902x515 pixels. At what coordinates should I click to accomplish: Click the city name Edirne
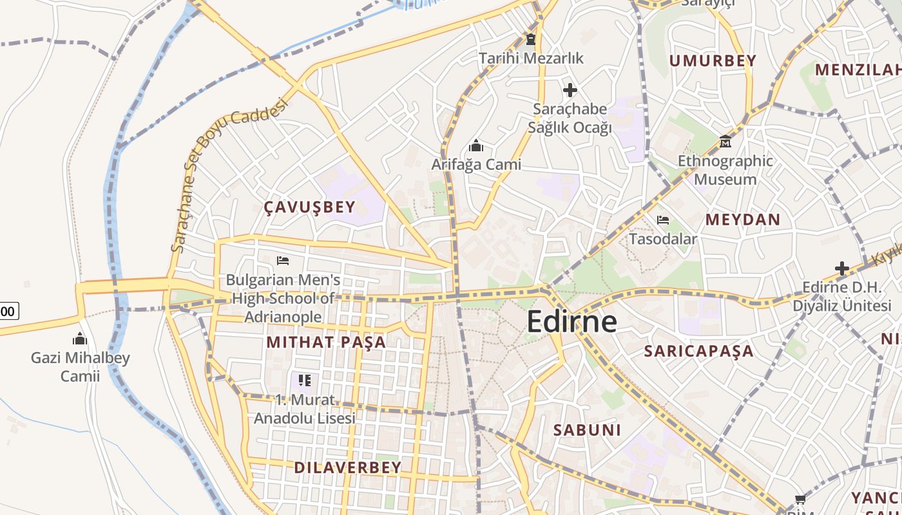click(571, 321)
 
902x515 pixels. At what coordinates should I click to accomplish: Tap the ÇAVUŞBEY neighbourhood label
click(309, 207)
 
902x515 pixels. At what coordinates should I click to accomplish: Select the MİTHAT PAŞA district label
click(326, 342)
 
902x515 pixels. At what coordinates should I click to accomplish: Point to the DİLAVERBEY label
click(348, 467)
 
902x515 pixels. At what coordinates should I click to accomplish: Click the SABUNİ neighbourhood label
click(587, 430)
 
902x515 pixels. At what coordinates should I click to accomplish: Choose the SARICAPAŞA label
click(698, 351)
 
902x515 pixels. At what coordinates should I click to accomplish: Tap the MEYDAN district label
click(742, 220)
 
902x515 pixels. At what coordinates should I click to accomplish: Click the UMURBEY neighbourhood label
click(712, 61)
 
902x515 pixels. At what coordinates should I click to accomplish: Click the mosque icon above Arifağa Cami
click(476, 145)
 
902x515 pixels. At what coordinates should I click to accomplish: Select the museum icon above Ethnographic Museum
click(725, 141)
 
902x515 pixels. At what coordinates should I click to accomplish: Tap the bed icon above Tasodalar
click(662, 220)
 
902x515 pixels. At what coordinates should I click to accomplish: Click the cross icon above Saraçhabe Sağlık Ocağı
click(570, 89)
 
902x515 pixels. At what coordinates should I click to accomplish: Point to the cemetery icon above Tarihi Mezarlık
click(530, 39)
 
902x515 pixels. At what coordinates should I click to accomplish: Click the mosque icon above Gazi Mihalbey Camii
click(80, 339)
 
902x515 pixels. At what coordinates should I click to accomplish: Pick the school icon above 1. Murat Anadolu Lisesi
click(305, 380)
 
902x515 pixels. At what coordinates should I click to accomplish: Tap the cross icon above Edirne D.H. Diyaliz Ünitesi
click(841, 268)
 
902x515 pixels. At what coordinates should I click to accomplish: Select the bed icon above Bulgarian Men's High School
click(282, 261)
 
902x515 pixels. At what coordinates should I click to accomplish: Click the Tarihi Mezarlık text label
click(531, 58)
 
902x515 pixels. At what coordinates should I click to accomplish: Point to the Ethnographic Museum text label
click(725, 170)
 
